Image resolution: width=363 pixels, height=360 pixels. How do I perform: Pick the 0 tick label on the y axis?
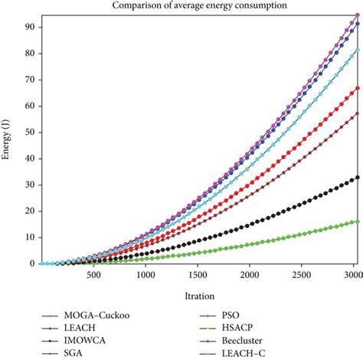pyautogui.click(x=21, y=263)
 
